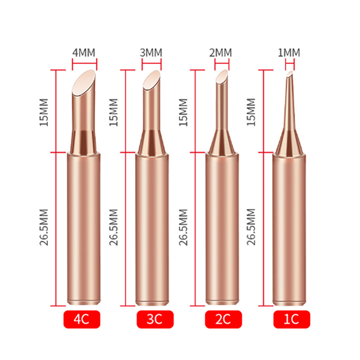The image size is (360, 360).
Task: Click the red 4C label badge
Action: pos(82,319)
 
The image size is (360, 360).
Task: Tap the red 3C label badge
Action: pos(155,319)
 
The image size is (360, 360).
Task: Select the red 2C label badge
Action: pos(223,319)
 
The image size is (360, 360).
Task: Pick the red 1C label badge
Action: pos(292,319)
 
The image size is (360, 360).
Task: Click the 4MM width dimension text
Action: pos(84,53)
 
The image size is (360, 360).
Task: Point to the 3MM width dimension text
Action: pos(151,53)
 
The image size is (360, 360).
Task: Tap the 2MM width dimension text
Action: pos(220,53)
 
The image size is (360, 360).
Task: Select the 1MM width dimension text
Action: pos(289,53)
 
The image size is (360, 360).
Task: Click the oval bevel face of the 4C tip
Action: pos(84,83)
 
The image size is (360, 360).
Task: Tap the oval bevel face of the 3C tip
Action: pos(152,80)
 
